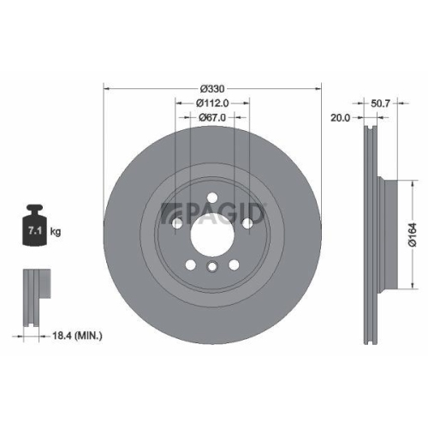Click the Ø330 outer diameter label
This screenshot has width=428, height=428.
click(212, 88)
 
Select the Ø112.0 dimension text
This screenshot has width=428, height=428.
click(212, 103)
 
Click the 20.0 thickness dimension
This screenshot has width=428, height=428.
click(340, 119)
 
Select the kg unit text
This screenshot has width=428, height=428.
click(56, 232)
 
